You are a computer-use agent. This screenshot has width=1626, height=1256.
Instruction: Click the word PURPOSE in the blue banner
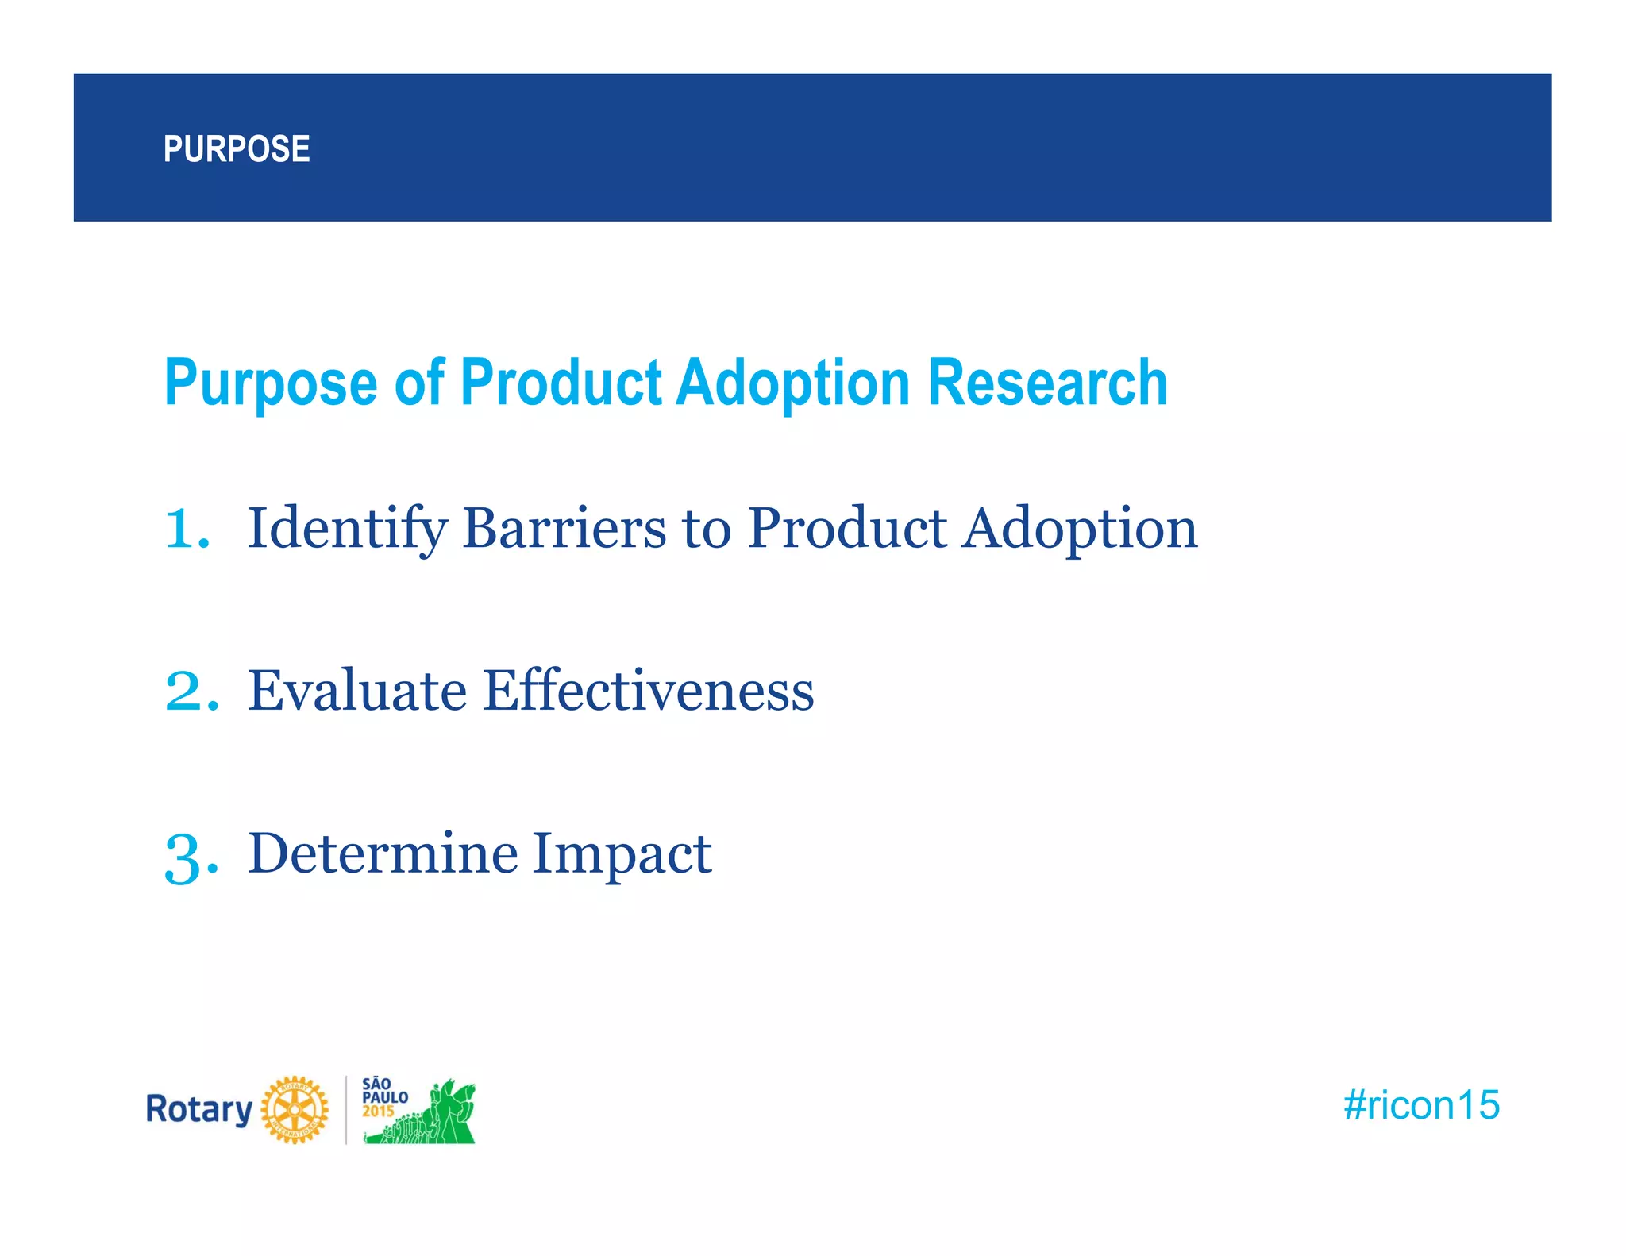coord(236,149)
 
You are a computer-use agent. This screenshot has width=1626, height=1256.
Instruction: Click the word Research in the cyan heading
coord(1047,383)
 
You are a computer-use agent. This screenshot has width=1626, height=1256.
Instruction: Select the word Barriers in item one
coord(564,528)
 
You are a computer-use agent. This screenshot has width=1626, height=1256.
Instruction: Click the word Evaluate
coord(356,690)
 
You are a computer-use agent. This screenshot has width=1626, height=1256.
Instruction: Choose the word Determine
coord(381,853)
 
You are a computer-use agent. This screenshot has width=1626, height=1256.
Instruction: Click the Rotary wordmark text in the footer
coord(198,1109)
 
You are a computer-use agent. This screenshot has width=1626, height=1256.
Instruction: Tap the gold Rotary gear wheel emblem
coord(295,1109)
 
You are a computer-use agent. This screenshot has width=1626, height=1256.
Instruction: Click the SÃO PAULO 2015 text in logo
coord(383,1097)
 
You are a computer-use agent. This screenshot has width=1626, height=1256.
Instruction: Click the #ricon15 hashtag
coord(1420,1105)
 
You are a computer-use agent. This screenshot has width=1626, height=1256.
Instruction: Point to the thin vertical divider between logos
coord(346,1109)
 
